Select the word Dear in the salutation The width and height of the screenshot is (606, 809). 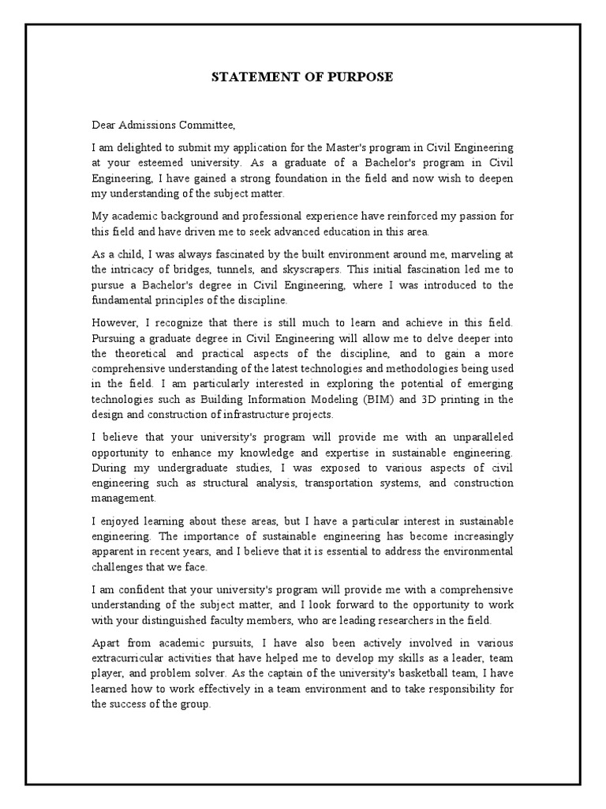pos(103,124)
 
